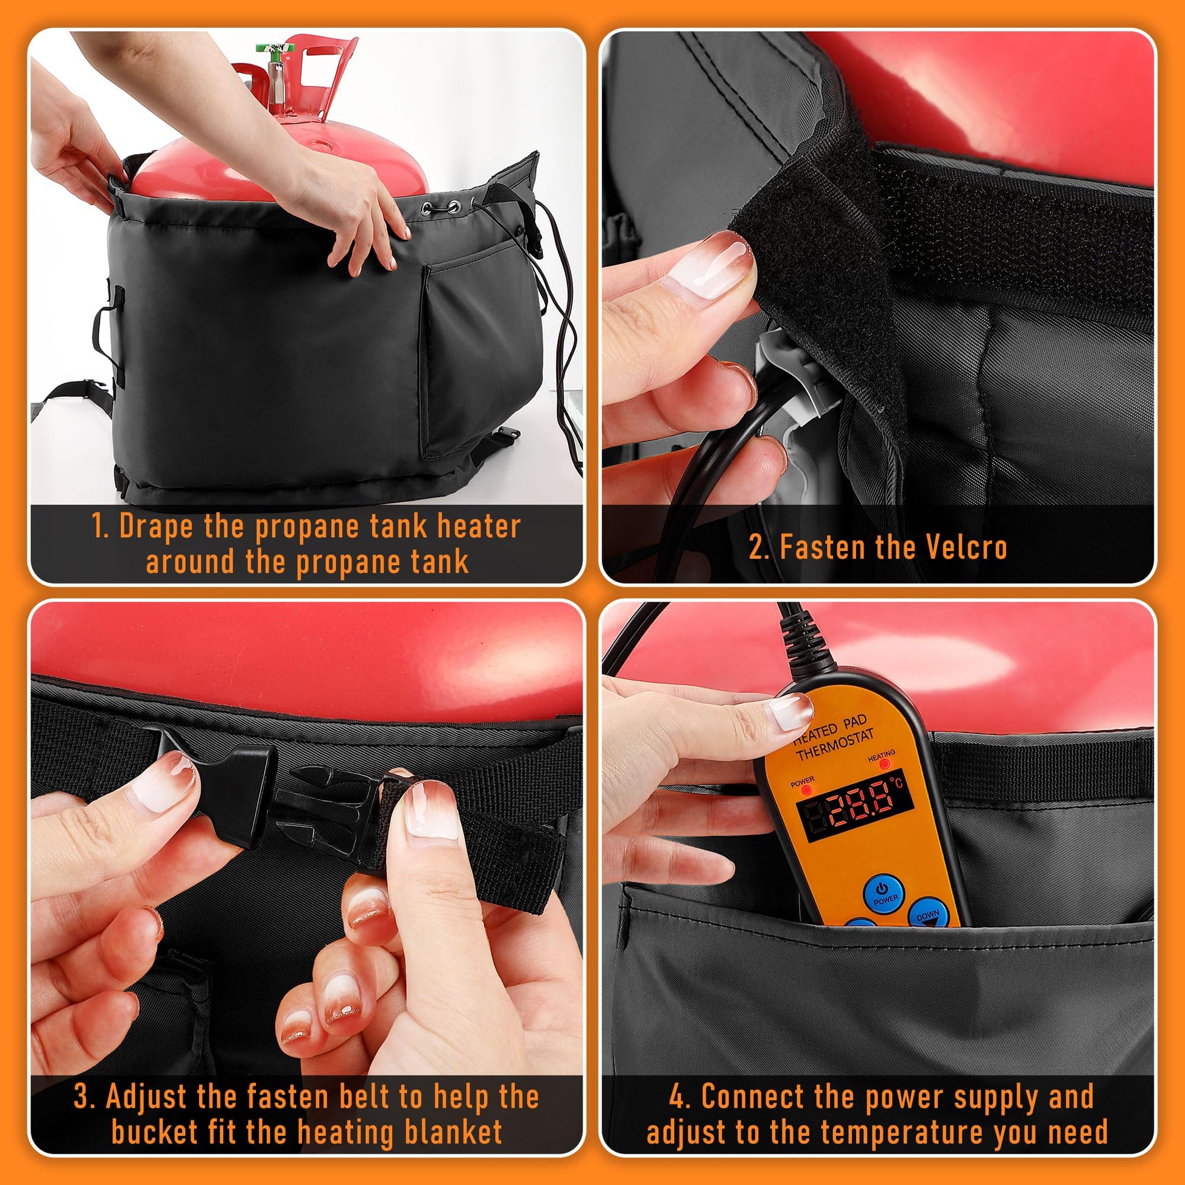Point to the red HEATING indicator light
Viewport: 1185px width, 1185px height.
pyautogui.click(x=882, y=765)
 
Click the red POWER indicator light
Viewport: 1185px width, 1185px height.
pyautogui.click(x=803, y=790)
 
